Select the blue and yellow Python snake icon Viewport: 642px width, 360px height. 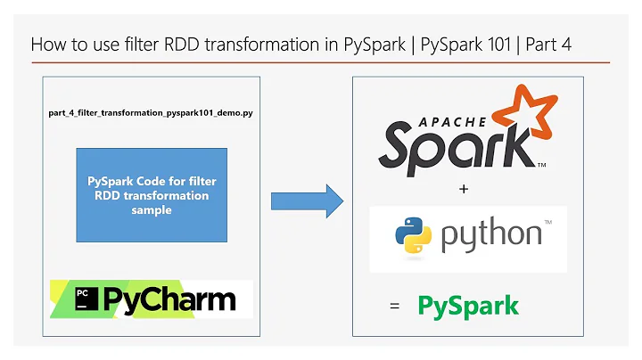[414, 235]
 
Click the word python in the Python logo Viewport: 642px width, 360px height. [490, 236]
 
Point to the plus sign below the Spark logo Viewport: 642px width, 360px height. [464, 189]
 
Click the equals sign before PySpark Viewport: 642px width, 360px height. [395, 307]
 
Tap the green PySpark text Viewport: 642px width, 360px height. [468, 307]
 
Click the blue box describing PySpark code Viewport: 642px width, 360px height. [151, 195]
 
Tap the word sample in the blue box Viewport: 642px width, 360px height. [152, 209]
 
